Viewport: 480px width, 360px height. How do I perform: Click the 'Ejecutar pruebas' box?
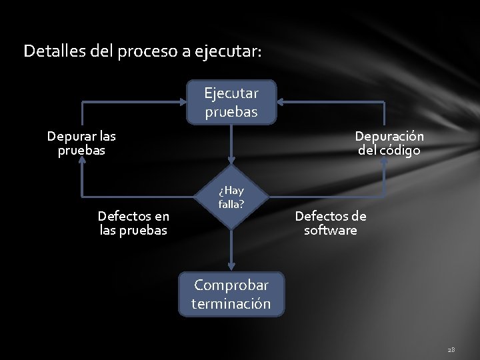pyautogui.click(x=231, y=103)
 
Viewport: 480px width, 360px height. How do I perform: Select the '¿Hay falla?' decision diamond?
pyautogui.click(x=231, y=197)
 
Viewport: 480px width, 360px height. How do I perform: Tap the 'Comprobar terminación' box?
pyautogui.click(x=231, y=294)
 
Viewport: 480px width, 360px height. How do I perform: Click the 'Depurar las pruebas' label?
pyautogui.click(x=81, y=143)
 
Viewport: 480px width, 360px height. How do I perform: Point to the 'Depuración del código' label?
pyautogui.click(x=389, y=143)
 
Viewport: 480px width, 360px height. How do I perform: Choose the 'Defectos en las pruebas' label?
pyautogui.click(x=133, y=223)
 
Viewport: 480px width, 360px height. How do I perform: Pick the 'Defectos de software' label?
pyautogui.click(x=331, y=223)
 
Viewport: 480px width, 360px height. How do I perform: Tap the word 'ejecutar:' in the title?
pyautogui.click(x=228, y=51)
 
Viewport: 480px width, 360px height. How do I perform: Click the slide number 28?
pyautogui.click(x=451, y=349)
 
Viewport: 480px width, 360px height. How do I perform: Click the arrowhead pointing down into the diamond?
pyautogui.click(x=231, y=160)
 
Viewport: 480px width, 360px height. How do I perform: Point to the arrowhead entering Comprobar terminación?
pyautogui.click(x=231, y=268)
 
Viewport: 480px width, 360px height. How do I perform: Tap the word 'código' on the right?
pyautogui.click(x=399, y=151)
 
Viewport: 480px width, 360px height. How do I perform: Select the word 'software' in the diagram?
pyautogui.click(x=331, y=231)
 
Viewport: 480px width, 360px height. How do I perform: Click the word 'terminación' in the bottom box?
pyautogui.click(x=231, y=304)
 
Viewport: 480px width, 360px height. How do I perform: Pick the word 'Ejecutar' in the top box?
pyautogui.click(x=231, y=93)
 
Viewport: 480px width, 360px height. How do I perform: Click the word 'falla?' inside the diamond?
pyautogui.click(x=231, y=204)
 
